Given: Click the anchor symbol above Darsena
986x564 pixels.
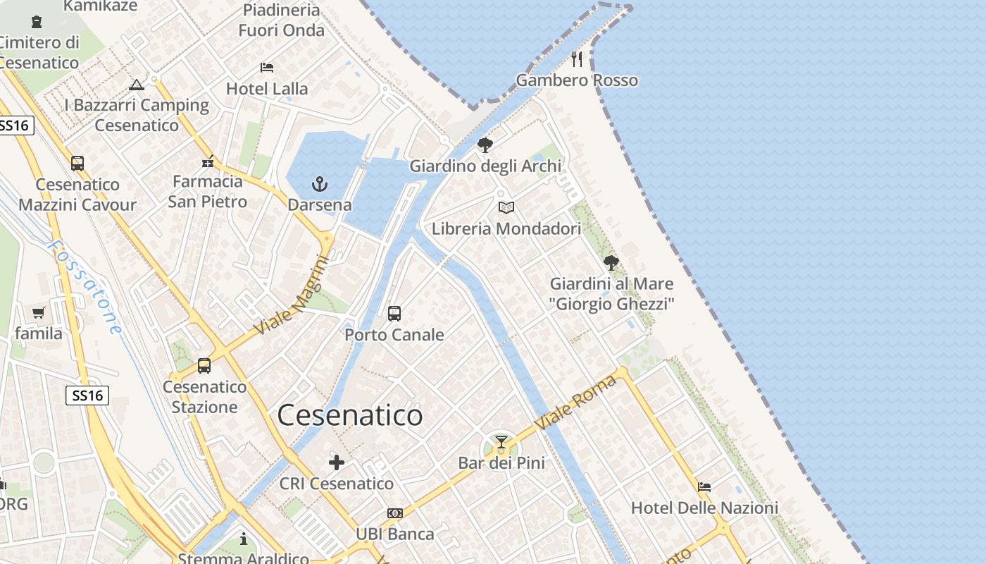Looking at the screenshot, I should pyautogui.click(x=320, y=185).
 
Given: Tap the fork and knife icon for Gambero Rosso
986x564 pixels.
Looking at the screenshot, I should pyautogui.click(x=577, y=59).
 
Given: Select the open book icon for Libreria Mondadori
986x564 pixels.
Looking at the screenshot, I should pyautogui.click(x=506, y=207).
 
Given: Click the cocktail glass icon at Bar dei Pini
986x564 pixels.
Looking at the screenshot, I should pyautogui.click(x=501, y=442).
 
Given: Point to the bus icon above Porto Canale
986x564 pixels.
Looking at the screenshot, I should pyautogui.click(x=394, y=313).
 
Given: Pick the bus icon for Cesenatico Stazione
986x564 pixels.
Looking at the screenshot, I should pyautogui.click(x=204, y=366).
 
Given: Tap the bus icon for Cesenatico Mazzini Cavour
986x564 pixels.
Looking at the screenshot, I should pyautogui.click(x=77, y=164).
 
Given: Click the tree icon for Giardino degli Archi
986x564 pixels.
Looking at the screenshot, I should pyautogui.click(x=485, y=145).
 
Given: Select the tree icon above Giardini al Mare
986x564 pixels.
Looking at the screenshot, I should pyautogui.click(x=611, y=263).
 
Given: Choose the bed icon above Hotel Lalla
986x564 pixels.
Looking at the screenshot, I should pyautogui.click(x=267, y=68).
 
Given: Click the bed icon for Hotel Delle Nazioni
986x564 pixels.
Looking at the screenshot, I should pyautogui.click(x=704, y=486).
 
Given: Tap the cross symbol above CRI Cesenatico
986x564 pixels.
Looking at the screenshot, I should pyautogui.click(x=337, y=462).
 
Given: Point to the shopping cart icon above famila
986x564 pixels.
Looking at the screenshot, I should pyautogui.click(x=38, y=312).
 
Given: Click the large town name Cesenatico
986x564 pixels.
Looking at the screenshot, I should pyautogui.click(x=350, y=415).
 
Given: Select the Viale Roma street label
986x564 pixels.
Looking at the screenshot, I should pyautogui.click(x=575, y=403).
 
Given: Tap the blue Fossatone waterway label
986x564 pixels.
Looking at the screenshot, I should pyautogui.click(x=85, y=286).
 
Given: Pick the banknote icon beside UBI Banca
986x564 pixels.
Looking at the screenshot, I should pyautogui.click(x=394, y=513).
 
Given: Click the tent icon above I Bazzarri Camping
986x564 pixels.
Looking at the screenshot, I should pyautogui.click(x=137, y=85).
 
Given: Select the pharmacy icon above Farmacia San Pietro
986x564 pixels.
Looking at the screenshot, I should pyautogui.click(x=208, y=162).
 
